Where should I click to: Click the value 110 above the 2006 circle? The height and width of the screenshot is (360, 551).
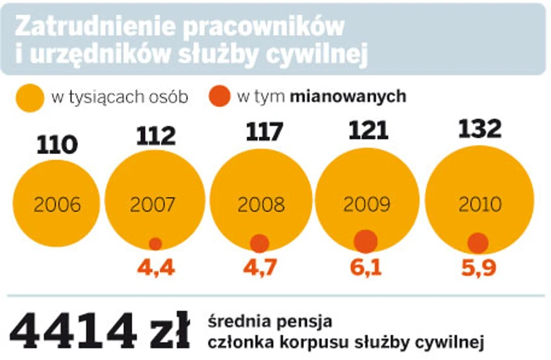[58, 144]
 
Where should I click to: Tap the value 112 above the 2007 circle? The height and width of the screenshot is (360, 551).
[155, 137]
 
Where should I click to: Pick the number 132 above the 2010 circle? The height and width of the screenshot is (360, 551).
[479, 128]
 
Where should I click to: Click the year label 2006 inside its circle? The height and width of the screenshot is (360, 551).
[57, 204]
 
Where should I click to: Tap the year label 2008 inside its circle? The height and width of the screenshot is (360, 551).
[260, 204]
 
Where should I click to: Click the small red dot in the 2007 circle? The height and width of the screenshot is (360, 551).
[155, 244]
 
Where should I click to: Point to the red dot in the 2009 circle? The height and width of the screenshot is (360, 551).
[366, 241]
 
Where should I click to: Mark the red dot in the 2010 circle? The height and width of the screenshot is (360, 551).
[478, 242]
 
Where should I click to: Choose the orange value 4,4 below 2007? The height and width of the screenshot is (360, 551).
[155, 268]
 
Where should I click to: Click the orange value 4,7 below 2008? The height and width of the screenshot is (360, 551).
[260, 268]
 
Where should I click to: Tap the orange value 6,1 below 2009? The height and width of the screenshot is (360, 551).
[366, 268]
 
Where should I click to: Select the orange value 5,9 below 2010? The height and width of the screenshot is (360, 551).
[478, 268]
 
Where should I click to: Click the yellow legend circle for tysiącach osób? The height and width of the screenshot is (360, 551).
[30, 97]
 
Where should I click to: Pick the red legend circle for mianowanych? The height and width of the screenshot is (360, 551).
[220, 97]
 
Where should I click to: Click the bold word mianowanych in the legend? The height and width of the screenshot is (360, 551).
[348, 97]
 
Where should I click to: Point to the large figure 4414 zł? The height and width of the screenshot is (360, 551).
[100, 331]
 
